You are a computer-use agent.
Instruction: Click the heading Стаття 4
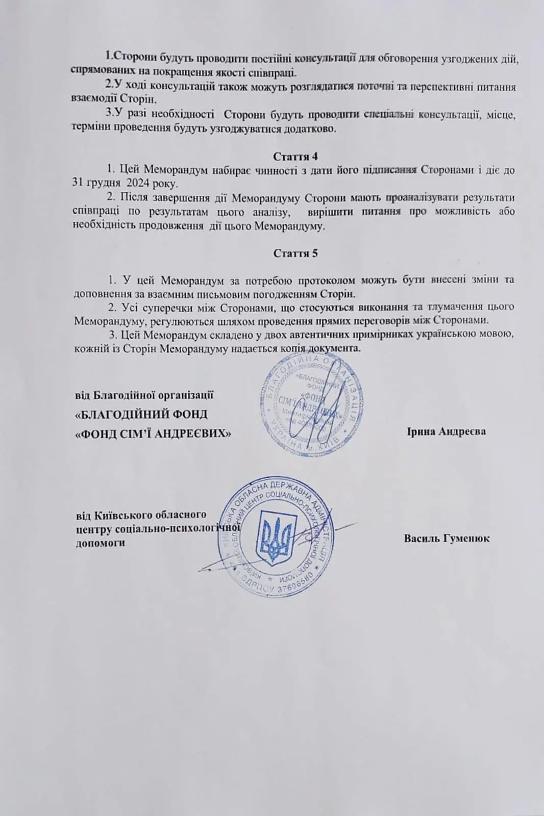tap(295, 156)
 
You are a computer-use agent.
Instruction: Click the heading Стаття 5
tap(295, 253)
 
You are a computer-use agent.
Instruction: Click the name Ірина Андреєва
tap(446, 431)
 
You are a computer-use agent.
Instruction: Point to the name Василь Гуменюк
tap(447, 539)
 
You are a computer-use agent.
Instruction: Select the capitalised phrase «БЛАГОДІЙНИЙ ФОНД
tap(141, 414)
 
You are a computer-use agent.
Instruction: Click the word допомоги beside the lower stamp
tap(100, 543)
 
